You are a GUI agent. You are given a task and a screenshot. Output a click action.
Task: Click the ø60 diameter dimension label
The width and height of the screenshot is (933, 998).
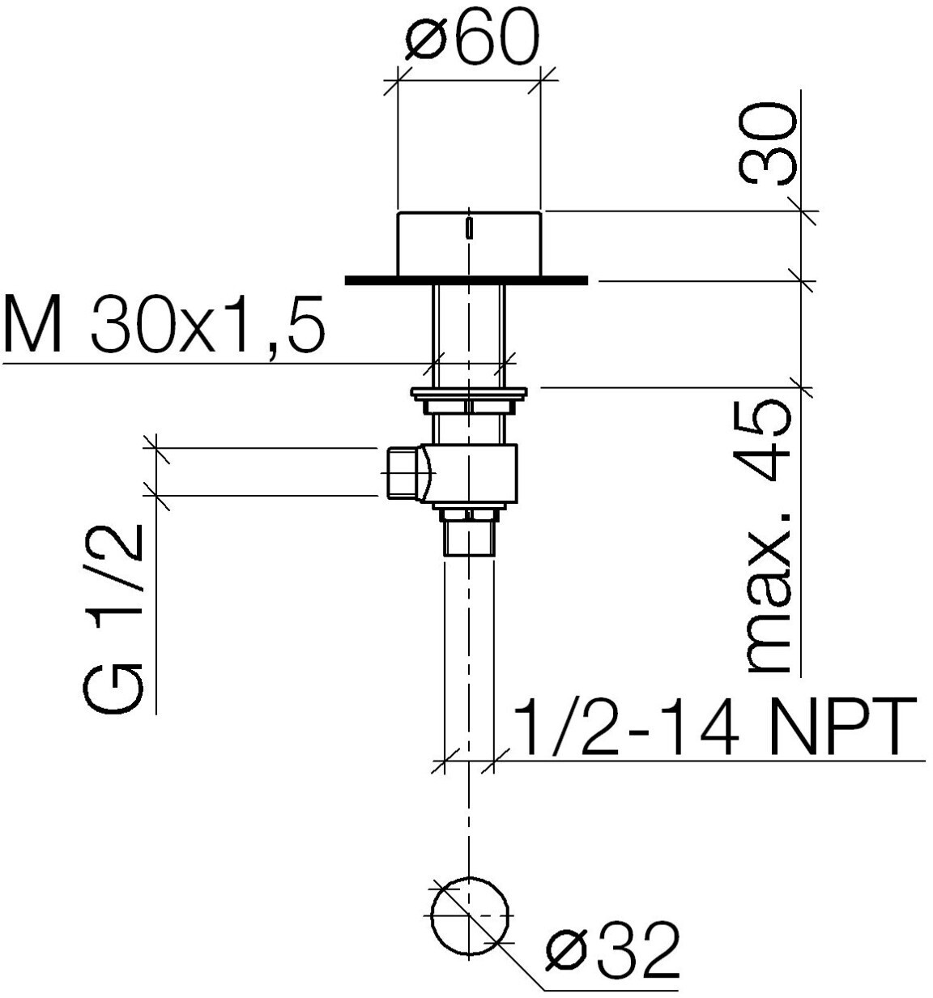pyautogui.click(x=472, y=36)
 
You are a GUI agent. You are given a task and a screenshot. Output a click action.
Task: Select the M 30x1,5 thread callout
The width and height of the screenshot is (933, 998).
pyautogui.click(x=164, y=323)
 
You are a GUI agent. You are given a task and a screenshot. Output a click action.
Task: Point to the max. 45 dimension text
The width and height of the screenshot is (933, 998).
pyautogui.click(x=769, y=537)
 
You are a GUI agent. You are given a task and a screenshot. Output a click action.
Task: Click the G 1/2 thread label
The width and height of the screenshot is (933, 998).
pyautogui.click(x=113, y=619)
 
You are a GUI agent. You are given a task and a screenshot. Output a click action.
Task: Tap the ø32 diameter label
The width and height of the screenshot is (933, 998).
pyautogui.click(x=612, y=948)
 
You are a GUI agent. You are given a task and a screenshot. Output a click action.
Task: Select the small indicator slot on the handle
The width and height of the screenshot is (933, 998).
pyautogui.click(x=469, y=228)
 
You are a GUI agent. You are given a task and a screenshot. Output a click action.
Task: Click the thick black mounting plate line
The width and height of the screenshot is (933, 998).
pyautogui.click(x=466, y=280)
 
